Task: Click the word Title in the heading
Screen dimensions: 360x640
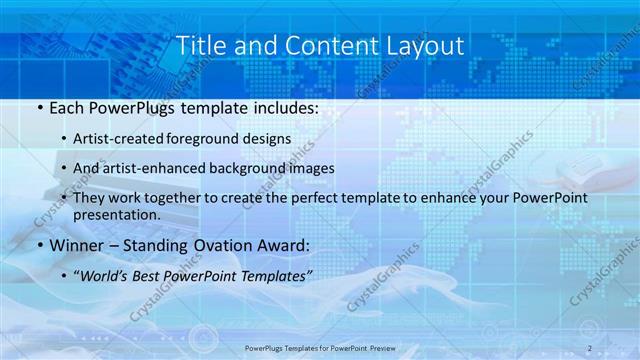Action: (200, 46)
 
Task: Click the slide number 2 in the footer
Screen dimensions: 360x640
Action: (590, 348)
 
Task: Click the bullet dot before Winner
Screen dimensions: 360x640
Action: (38, 246)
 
